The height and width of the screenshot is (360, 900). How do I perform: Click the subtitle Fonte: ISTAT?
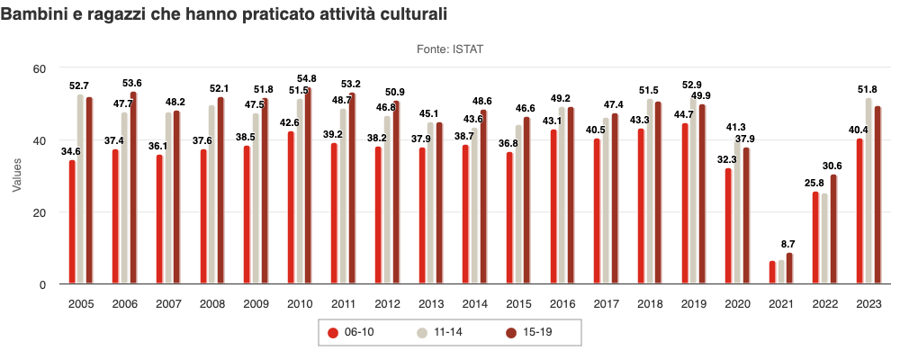pyautogui.click(x=450, y=49)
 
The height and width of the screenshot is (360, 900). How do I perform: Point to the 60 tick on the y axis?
pyautogui.click(x=40, y=68)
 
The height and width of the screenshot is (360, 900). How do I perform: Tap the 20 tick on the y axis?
pyautogui.click(x=40, y=212)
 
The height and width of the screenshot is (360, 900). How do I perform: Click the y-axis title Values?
pyautogui.click(x=16, y=176)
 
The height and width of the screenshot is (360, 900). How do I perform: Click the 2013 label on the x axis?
pyautogui.click(x=431, y=305)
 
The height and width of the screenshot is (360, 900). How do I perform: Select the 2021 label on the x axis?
pyautogui.click(x=781, y=305)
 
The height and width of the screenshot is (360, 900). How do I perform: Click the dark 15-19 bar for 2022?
pyautogui.click(x=833, y=229)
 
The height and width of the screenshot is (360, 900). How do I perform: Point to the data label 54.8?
pyautogui.click(x=307, y=78)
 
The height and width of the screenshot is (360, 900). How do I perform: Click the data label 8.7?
pyautogui.click(x=788, y=245)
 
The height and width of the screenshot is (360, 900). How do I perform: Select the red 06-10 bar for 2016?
pyautogui.click(x=553, y=207)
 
